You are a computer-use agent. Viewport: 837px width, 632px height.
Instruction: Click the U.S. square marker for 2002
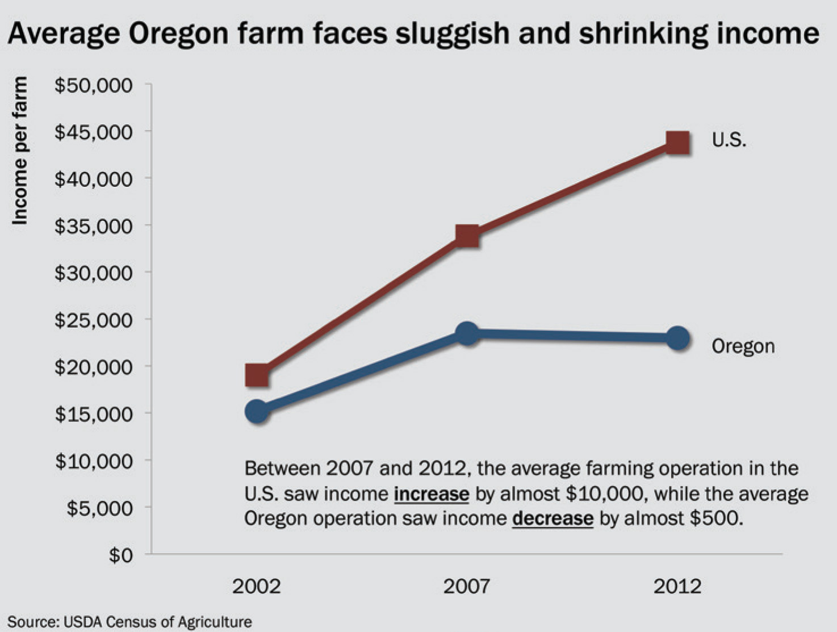(x=257, y=375)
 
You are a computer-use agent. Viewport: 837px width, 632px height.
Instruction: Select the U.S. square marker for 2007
(x=467, y=236)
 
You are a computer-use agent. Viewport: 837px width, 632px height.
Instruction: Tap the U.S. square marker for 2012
(x=678, y=143)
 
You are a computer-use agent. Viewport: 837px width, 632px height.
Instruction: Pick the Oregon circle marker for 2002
(x=257, y=411)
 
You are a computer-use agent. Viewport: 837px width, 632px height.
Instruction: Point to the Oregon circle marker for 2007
(x=467, y=333)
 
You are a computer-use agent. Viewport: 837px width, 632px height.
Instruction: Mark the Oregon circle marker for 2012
(x=678, y=338)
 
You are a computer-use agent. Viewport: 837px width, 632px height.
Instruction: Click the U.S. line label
(x=729, y=140)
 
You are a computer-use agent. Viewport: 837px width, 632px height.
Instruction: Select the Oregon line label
(x=743, y=346)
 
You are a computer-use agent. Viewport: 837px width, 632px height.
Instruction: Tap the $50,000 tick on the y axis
(x=94, y=85)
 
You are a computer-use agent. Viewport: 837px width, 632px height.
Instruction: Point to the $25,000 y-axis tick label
(x=94, y=320)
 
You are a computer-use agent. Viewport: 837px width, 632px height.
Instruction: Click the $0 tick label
(x=121, y=554)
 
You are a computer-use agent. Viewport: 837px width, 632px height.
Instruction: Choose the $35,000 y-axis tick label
(x=94, y=226)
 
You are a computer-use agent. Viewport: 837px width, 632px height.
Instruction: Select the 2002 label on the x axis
(x=257, y=585)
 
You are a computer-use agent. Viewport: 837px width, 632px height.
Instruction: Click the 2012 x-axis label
(x=678, y=585)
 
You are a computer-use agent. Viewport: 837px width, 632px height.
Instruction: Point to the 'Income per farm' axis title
(x=20, y=150)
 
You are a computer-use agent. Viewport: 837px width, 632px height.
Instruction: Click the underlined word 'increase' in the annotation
(x=432, y=493)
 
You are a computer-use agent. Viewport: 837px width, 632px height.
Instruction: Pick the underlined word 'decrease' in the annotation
(x=553, y=518)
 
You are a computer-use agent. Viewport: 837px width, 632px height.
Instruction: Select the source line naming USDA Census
(x=129, y=622)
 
